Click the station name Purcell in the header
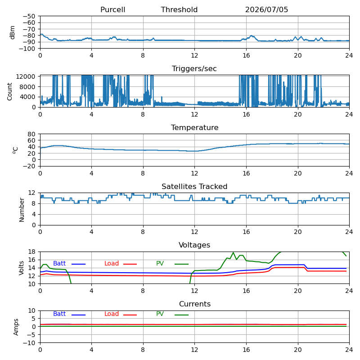(113, 9)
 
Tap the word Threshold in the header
(179, 9)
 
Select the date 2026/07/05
(266, 9)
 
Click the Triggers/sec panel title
(194, 69)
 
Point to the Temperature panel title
(195, 127)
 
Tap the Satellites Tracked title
(194, 186)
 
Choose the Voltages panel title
(194, 245)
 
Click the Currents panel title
(195, 304)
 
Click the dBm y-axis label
(12, 32)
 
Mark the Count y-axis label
(9, 92)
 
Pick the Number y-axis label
(22, 210)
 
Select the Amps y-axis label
(16, 327)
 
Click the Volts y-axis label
(21, 268)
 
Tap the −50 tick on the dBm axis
(29, 16)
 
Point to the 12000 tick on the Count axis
(26, 76)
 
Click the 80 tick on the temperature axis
(31, 134)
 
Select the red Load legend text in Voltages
(112, 263)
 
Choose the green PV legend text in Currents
(160, 314)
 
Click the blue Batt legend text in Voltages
(59, 263)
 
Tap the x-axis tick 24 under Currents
(349, 350)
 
